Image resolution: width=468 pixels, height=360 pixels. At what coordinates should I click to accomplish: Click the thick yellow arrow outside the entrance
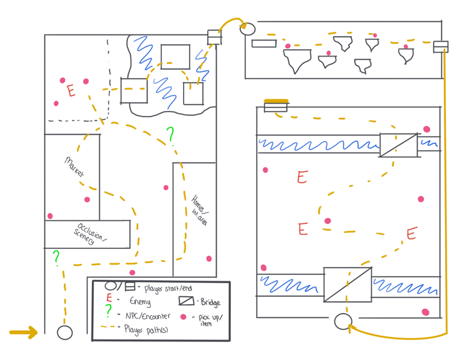23,333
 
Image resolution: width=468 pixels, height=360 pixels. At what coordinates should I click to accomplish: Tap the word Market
74,167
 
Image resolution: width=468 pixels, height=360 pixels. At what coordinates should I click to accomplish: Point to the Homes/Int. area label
197,207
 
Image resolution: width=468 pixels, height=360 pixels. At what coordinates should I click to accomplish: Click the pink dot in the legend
184,317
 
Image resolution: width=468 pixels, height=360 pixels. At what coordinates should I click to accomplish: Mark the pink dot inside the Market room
87,200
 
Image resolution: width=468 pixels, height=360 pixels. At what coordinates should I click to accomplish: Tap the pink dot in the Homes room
209,259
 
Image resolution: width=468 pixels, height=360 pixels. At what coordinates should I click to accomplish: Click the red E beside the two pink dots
71,91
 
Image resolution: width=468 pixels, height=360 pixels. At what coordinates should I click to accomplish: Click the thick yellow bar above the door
276,101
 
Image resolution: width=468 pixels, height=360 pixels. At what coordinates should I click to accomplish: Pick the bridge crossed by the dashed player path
348,284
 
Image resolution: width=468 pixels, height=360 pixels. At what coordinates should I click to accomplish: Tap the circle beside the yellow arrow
65,332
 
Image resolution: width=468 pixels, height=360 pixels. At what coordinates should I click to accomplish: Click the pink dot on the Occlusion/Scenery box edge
50,217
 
